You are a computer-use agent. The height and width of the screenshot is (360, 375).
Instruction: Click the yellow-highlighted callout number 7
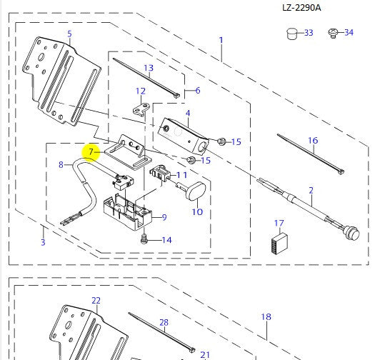point(91,151)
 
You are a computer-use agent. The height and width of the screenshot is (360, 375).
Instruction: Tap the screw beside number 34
point(331,33)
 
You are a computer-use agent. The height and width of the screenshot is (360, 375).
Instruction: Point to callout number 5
point(69,34)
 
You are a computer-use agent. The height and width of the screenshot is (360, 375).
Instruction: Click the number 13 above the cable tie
point(148,69)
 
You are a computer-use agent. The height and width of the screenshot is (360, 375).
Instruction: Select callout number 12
point(140,91)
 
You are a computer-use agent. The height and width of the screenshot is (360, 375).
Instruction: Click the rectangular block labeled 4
point(182,131)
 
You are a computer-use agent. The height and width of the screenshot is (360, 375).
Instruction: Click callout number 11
point(182,174)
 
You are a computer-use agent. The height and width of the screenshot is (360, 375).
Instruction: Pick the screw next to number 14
point(144,241)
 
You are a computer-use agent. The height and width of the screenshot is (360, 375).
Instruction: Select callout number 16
point(312,141)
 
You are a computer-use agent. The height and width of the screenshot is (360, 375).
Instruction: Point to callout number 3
point(43,243)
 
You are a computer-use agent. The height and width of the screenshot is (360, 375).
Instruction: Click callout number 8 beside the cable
point(61,164)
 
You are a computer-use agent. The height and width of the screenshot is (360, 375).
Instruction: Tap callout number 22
point(96,301)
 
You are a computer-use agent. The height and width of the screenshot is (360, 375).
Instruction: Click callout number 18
point(266,316)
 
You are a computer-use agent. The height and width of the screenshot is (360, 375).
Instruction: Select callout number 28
point(164,323)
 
